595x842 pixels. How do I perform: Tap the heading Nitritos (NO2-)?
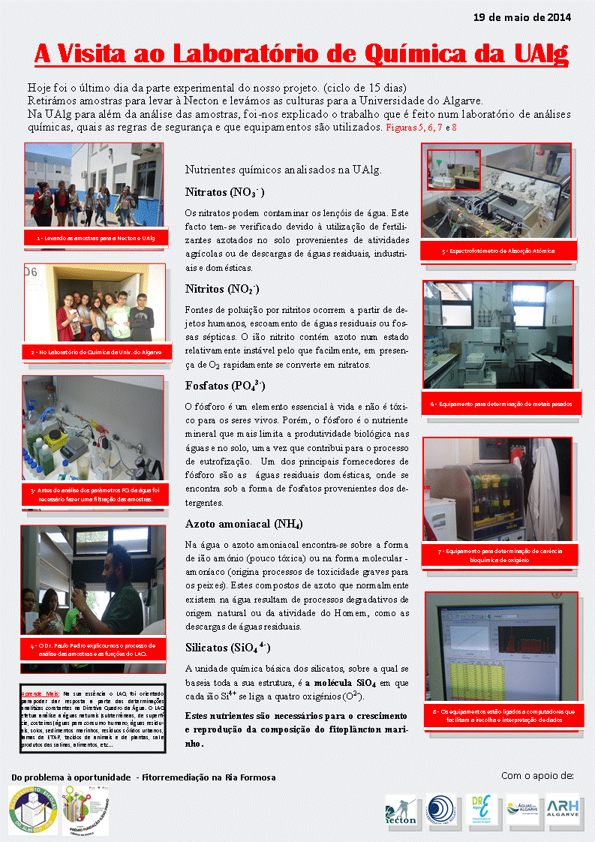pos(222,288)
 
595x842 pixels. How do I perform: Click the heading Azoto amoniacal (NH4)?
pos(243,523)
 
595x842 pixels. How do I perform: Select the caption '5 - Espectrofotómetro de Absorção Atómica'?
pos(497,251)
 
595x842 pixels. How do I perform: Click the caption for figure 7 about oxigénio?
pos(498,555)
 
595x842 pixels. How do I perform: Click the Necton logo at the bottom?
pos(401,810)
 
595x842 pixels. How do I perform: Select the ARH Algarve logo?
pos(563,809)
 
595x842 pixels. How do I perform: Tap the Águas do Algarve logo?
pos(523,809)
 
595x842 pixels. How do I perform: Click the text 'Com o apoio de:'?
pos(536,774)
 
